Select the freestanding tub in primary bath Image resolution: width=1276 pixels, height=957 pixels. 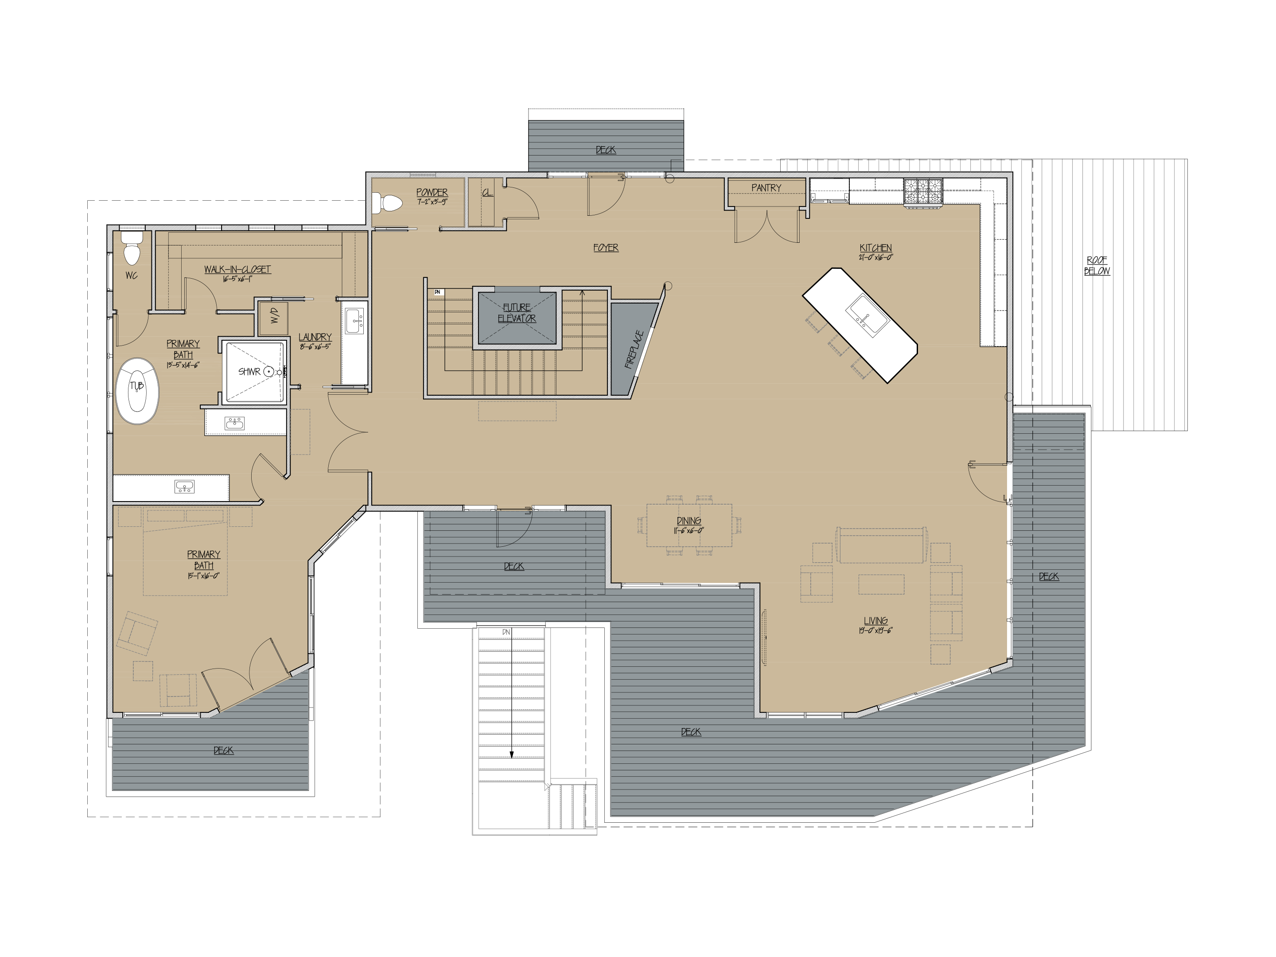tap(137, 391)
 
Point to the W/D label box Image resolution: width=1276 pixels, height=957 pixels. tap(274, 316)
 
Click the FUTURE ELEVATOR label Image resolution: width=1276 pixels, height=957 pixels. tap(517, 313)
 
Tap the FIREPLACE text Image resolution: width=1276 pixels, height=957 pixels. tap(634, 350)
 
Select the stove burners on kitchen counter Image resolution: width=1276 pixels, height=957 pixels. tap(922, 191)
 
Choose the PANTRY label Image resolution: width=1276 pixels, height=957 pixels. tap(766, 188)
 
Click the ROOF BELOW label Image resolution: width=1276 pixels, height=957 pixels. tap(1097, 265)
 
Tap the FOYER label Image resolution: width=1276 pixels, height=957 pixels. tap(606, 248)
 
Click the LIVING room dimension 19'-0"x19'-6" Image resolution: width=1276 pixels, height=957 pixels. tap(875, 631)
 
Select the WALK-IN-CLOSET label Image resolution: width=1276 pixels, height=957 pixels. tap(237, 269)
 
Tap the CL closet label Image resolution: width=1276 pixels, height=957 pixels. tap(487, 193)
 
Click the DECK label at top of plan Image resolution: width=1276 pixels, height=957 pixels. tap(606, 150)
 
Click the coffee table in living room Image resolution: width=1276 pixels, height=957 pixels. tap(881, 584)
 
